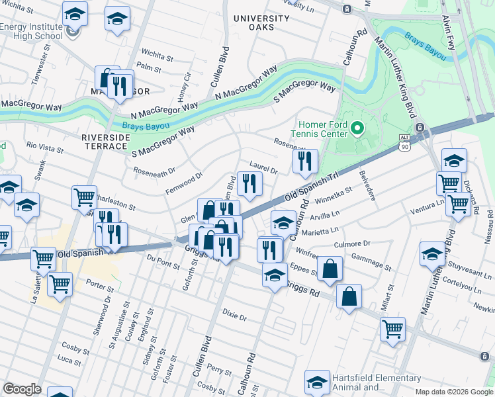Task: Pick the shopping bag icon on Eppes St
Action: [329, 269]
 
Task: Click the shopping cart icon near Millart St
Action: [392, 329]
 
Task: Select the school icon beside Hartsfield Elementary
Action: [318, 382]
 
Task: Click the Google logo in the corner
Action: [21, 389]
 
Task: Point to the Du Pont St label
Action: [163, 263]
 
